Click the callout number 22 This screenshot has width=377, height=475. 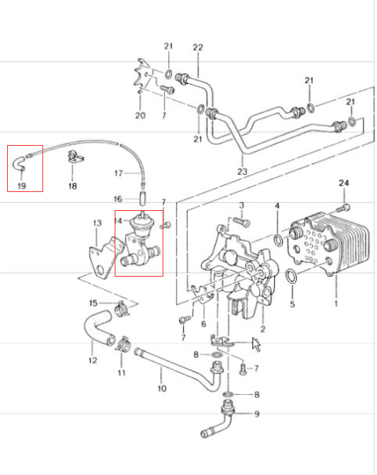198,47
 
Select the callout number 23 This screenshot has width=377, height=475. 242,172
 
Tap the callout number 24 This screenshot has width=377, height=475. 343,183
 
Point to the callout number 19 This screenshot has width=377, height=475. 22,186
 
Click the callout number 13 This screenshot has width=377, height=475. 97,223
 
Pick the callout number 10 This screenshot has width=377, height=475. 162,388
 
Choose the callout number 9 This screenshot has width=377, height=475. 257,414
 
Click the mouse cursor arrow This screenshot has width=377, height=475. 256,344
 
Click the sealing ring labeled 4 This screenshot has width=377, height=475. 278,240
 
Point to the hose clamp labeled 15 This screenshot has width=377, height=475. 123,308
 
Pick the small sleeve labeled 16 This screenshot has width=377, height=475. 143,198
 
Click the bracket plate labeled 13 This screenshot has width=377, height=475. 105,257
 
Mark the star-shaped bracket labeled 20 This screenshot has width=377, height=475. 141,76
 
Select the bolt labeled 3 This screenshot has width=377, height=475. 242,222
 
